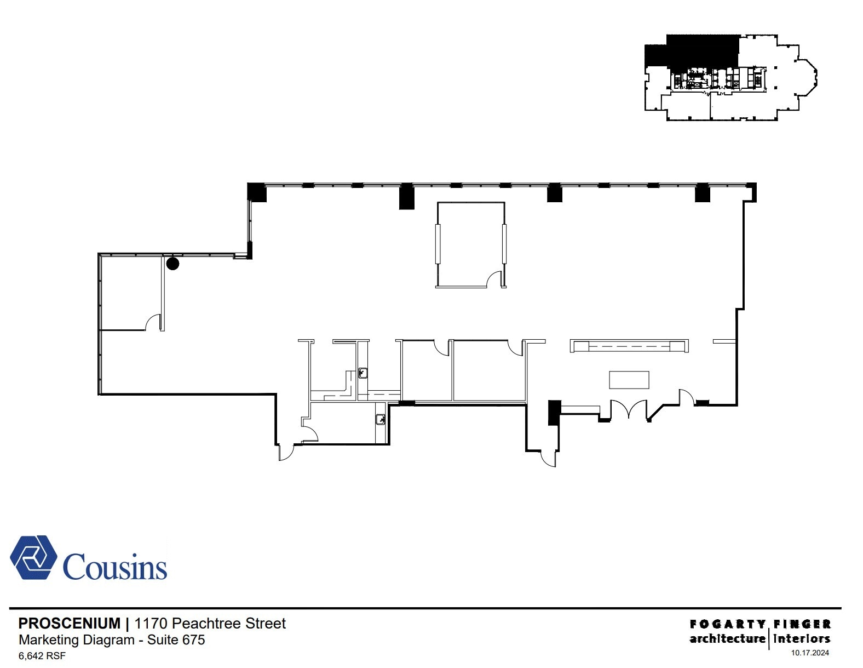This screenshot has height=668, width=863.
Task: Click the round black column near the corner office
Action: tap(172, 264)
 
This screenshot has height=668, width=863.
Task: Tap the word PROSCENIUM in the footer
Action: tap(70, 623)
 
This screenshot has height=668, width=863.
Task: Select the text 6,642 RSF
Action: tap(42, 655)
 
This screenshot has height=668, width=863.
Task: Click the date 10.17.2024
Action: tap(810, 653)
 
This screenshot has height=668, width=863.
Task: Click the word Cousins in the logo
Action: tap(115, 567)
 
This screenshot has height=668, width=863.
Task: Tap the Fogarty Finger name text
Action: tap(760, 624)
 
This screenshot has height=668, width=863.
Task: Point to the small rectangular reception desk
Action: tap(629, 380)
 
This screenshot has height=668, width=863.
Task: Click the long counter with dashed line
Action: tap(629, 346)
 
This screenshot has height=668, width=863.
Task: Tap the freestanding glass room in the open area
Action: tap(470, 244)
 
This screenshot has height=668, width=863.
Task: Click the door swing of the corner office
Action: tap(154, 323)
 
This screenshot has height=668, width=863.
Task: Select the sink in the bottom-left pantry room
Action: tap(381, 420)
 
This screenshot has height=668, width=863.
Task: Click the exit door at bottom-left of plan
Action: tap(286, 452)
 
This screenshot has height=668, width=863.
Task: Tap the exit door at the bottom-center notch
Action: tap(548, 458)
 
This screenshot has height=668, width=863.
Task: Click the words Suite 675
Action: tap(176, 640)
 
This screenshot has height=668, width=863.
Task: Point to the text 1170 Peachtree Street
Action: tap(210, 623)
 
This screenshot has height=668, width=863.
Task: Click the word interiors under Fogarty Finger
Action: tap(802, 638)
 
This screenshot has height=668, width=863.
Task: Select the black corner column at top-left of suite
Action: tap(257, 192)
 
